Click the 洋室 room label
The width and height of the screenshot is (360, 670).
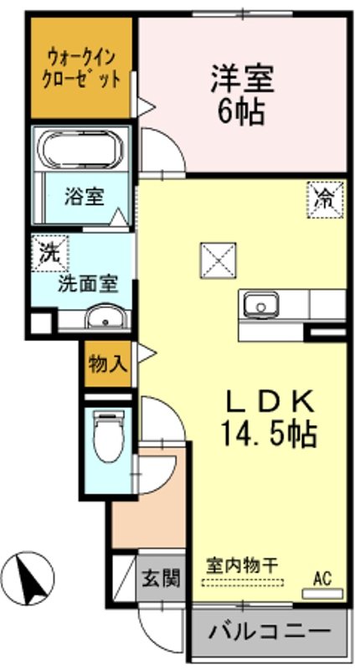(x=242, y=81)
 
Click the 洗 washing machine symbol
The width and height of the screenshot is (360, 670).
(x=46, y=250)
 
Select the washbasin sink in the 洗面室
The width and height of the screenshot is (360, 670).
(x=105, y=317)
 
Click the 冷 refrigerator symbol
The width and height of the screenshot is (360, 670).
(x=325, y=198)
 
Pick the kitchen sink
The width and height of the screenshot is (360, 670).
(x=263, y=303)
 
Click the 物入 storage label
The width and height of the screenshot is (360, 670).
(x=108, y=364)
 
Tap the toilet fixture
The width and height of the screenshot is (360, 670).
(x=106, y=438)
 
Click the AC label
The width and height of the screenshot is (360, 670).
(x=322, y=577)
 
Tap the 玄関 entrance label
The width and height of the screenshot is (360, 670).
(x=159, y=578)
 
